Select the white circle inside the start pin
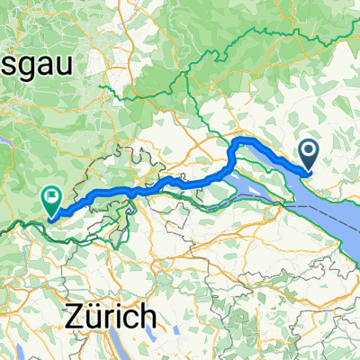(308, 151)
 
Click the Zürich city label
(111, 317)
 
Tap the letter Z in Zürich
(76, 317)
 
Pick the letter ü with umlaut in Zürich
(94, 317)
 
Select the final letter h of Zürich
(146, 317)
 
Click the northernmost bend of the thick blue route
(241, 140)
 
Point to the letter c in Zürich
(130, 317)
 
